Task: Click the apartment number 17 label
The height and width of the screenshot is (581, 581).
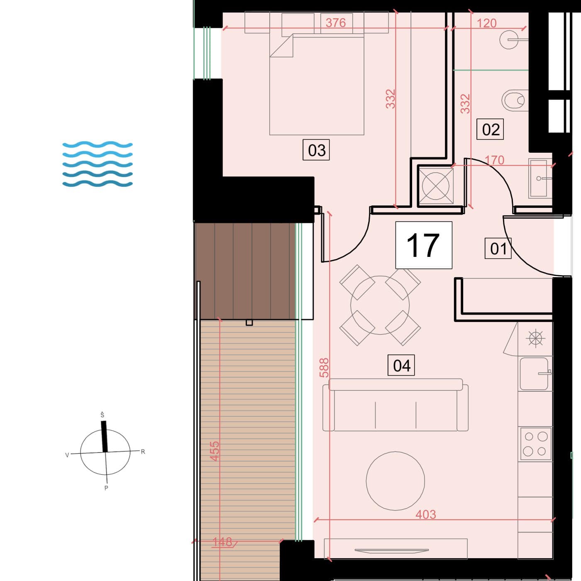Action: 423,245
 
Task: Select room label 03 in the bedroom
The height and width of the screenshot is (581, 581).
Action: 316,150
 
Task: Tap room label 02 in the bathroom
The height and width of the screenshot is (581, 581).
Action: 490,129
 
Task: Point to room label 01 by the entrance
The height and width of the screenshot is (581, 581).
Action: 498,249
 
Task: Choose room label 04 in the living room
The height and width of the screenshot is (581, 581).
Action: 401,366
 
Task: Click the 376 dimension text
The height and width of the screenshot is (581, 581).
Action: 336,23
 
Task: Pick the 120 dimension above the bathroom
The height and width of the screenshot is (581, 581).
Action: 486,23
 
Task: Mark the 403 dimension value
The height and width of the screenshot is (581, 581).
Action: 425,514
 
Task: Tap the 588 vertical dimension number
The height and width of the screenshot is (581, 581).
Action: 324,368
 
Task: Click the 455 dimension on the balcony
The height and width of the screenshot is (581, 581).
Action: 215,451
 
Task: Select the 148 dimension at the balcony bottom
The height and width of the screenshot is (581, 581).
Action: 222,542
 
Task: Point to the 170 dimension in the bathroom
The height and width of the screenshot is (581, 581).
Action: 494,160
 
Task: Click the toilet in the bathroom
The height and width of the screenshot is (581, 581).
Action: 515,100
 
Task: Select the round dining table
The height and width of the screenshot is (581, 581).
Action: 380,305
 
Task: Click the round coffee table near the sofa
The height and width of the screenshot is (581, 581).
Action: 395,481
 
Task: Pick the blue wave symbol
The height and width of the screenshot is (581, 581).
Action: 98,164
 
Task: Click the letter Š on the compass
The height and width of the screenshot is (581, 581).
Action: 102,415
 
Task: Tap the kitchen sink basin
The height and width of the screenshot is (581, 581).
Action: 534,374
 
